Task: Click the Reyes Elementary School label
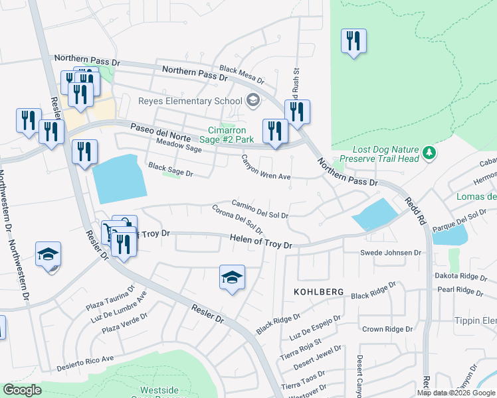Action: pyautogui.click(x=189, y=101)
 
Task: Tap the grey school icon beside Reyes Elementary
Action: pyautogui.click(x=252, y=101)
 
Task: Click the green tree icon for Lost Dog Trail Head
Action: pyautogui.click(x=430, y=153)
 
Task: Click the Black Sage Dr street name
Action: pyautogui.click(x=170, y=170)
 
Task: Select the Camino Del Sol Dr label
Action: pyautogui.click(x=259, y=210)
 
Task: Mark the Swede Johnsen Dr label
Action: pyautogui.click(x=391, y=253)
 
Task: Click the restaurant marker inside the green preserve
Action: pyautogui.click(x=353, y=42)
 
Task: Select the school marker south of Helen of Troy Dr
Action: pyautogui.click(x=232, y=278)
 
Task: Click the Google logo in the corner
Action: pyautogui.click(x=22, y=390)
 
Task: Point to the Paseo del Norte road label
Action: pyautogui.click(x=156, y=128)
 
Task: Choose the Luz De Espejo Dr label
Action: pyautogui.click(x=316, y=326)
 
